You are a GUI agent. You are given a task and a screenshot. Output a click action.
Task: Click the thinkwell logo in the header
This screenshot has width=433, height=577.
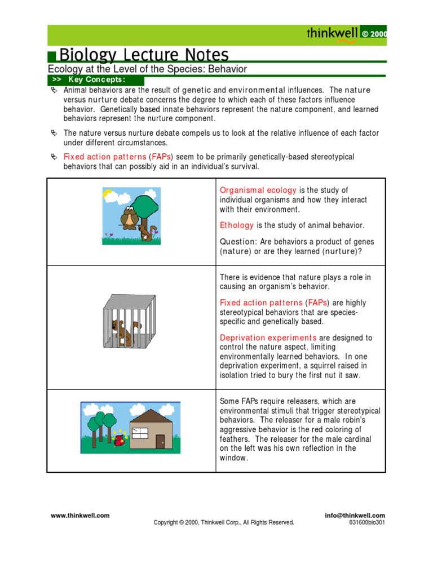click(x=332, y=33)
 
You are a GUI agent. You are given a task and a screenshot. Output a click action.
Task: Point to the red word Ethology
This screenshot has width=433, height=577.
click(x=237, y=225)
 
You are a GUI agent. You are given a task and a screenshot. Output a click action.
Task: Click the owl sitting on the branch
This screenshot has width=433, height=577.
click(x=129, y=216)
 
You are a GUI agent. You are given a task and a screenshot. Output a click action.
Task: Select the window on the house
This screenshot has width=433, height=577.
click(x=139, y=433)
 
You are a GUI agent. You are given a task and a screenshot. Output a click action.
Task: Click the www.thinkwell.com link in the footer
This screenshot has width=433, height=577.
click(x=80, y=515)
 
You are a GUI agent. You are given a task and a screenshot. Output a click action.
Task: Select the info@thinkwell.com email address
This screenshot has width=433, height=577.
click(x=355, y=515)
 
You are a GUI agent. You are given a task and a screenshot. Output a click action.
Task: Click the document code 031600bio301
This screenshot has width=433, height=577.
click(x=367, y=522)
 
